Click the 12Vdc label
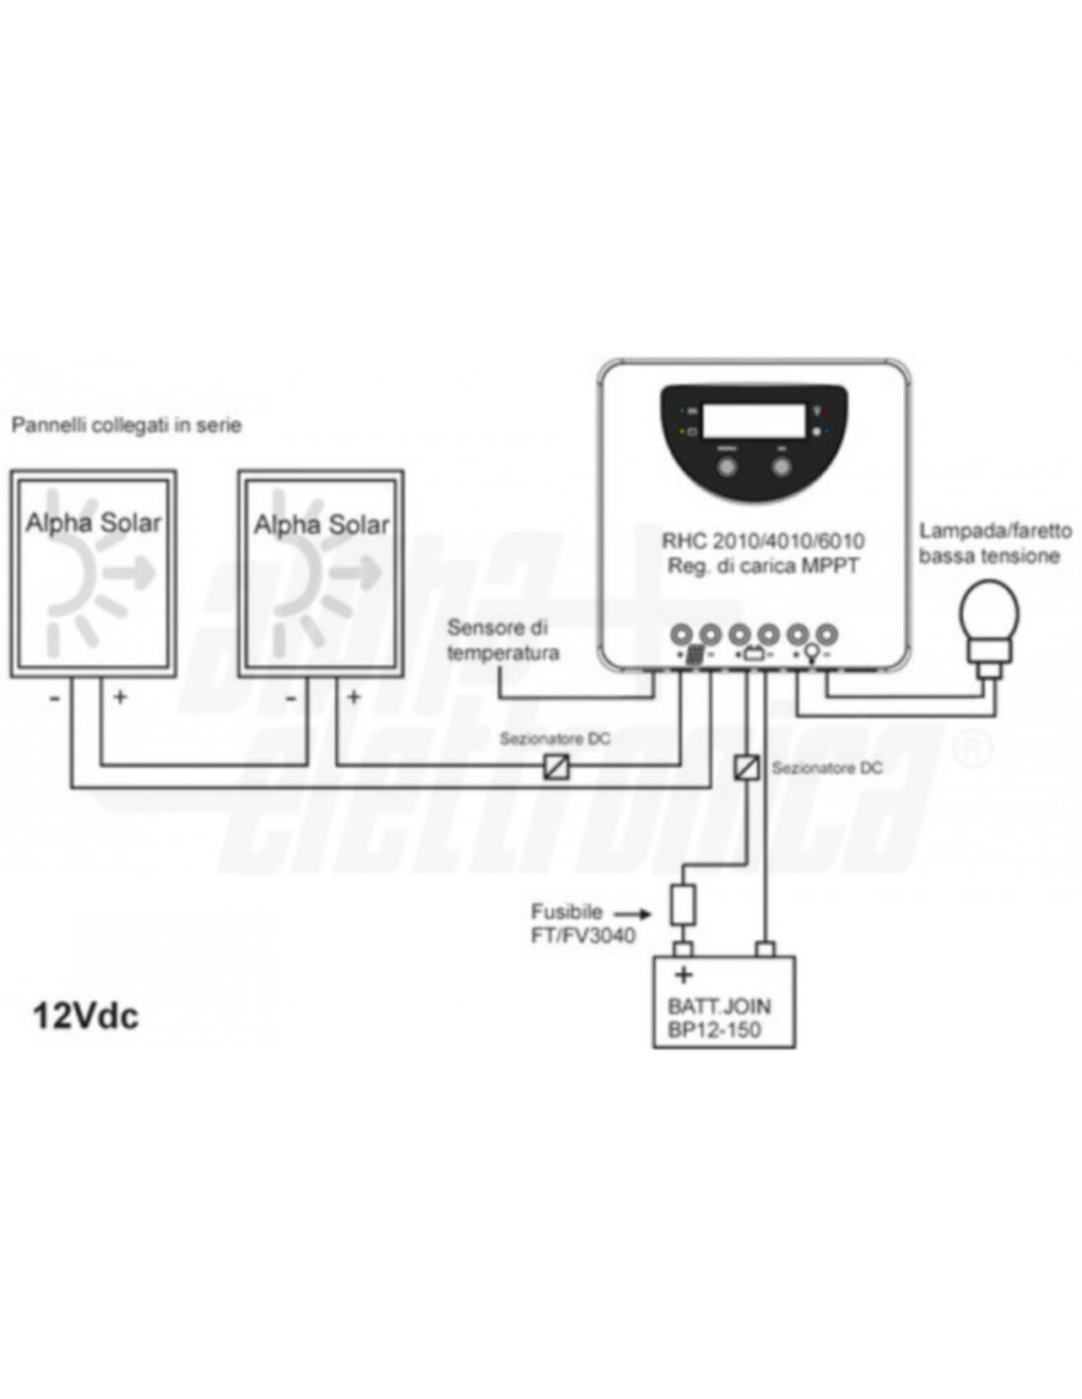pos(86,1016)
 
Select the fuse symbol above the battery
pos(683,904)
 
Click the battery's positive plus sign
pos(684,975)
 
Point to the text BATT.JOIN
pos(719,1005)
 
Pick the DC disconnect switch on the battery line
pos(746,766)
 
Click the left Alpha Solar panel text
pos(93,522)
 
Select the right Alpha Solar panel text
pos(322,524)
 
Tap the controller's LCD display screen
pos(753,420)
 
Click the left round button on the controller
pos(727,464)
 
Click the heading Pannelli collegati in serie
pos(127,426)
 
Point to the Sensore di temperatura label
pos(504,639)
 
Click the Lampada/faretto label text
pos(995,531)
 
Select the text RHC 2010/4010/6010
pos(763,540)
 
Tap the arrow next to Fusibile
pos(633,913)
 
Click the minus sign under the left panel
pos(55,698)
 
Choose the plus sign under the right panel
pos(353,697)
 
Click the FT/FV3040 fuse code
pos(583,935)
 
